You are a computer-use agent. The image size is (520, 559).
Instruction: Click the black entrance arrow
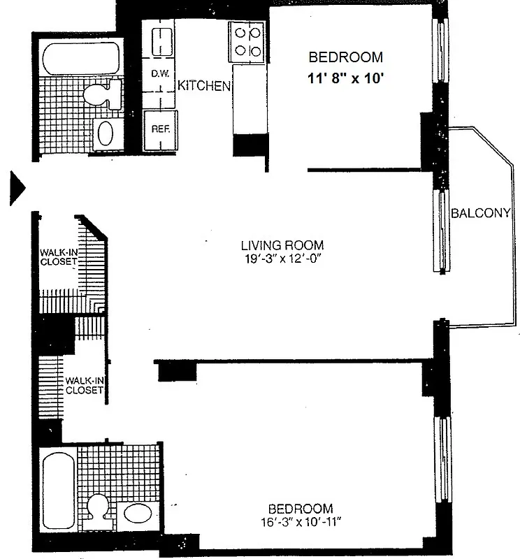(17, 187)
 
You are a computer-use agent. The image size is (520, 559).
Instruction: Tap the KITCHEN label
(203, 86)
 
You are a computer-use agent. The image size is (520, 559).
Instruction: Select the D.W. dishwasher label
(154, 73)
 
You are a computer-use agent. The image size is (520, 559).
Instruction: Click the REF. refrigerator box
(154, 130)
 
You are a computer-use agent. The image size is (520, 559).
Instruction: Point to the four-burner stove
(248, 41)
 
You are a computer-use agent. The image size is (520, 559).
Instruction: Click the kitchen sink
(159, 41)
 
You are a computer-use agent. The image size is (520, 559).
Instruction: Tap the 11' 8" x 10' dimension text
(346, 79)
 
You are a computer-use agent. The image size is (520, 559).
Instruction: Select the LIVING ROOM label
(282, 245)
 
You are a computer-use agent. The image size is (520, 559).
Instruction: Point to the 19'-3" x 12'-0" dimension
(282, 258)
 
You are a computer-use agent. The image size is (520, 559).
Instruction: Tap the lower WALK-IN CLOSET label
(84, 385)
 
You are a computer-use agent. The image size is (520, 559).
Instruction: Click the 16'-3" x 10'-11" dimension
(303, 521)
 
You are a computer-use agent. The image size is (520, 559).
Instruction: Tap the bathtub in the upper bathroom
(80, 59)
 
